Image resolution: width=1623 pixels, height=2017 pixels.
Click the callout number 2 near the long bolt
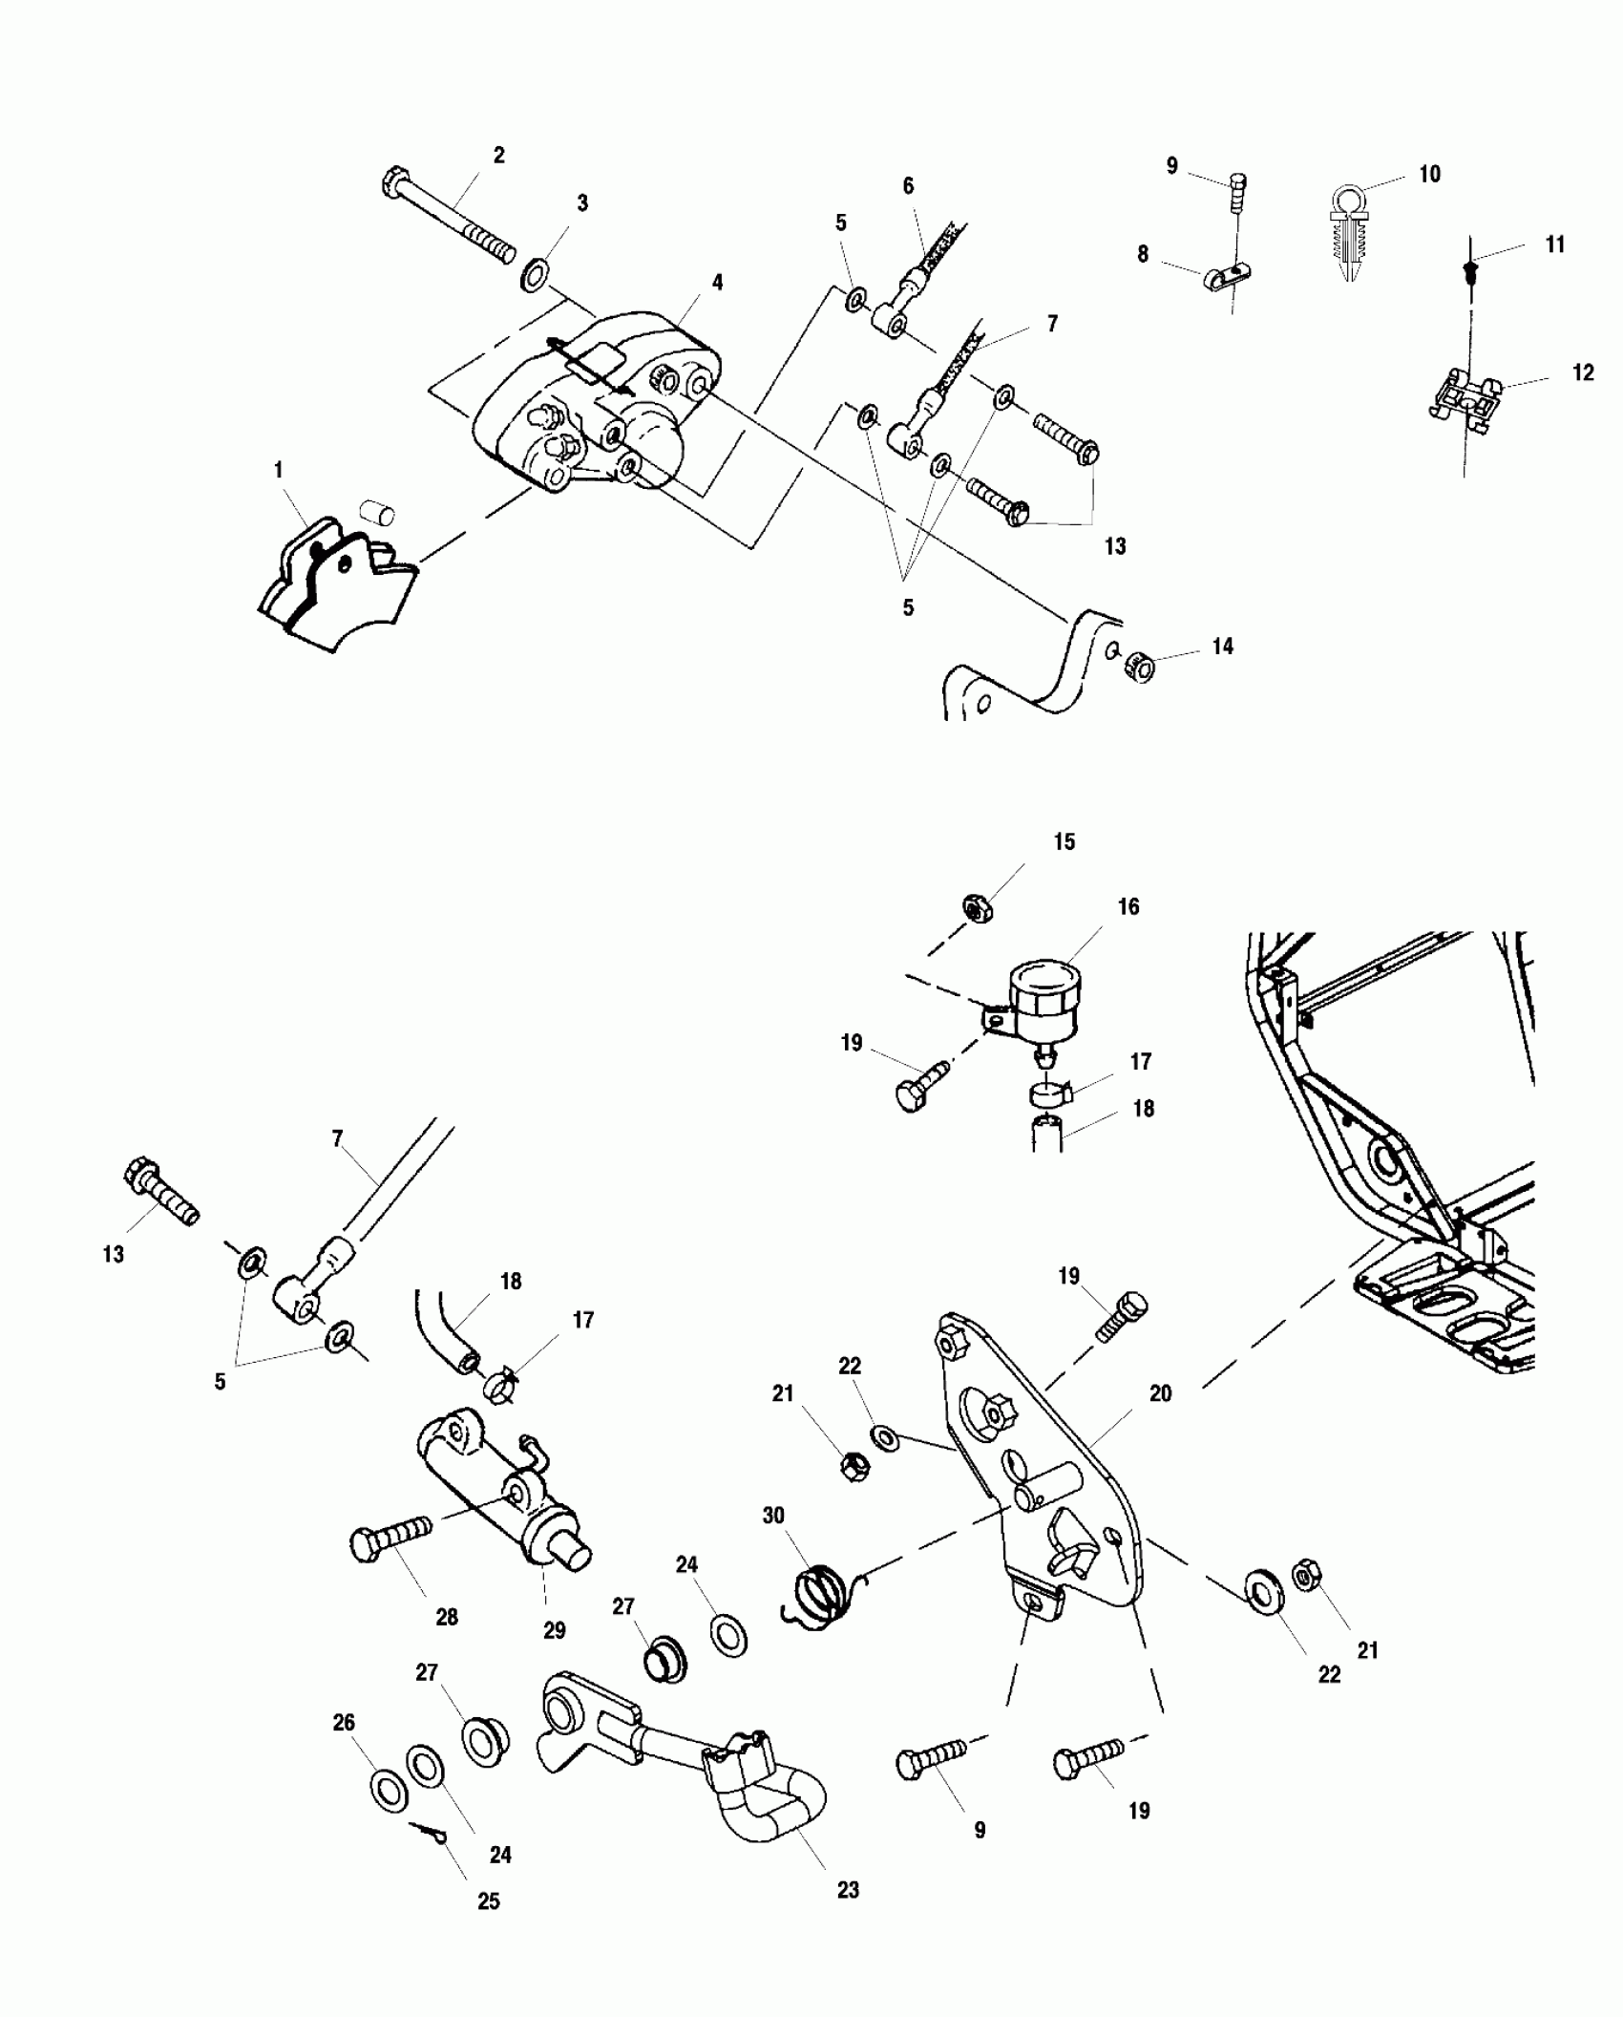tap(498, 155)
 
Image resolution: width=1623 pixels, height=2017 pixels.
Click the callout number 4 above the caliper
tap(717, 283)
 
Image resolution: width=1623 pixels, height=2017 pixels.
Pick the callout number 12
tap(1583, 372)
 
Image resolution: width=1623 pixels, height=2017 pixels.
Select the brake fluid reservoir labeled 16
tap(1045, 1003)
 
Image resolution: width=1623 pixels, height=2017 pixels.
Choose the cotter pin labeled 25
tap(432, 1833)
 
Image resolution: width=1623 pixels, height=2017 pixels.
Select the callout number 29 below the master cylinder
tap(555, 1630)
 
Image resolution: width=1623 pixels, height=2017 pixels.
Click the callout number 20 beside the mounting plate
tap(1160, 1394)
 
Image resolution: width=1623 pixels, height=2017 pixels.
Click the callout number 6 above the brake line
tap(908, 186)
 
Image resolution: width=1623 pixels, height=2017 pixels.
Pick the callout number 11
tap(1555, 245)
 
